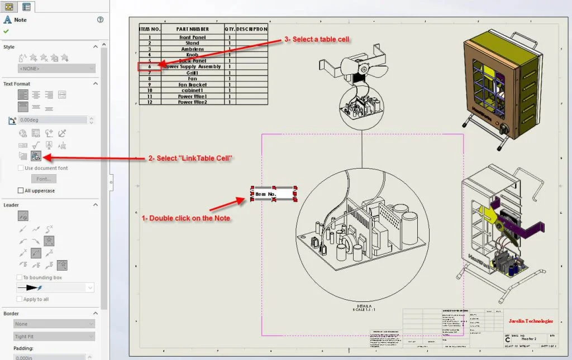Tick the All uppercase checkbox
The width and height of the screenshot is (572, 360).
pyautogui.click(x=21, y=191)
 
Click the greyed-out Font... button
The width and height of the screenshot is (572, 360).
pyautogui.click(x=44, y=179)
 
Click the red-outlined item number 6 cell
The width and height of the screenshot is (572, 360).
pyautogui.click(x=150, y=66)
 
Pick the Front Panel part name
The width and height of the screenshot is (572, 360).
pyautogui.click(x=193, y=37)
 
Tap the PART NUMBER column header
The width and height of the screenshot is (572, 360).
pyautogui.click(x=193, y=29)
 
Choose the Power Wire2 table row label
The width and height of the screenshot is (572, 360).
pyautogui.click(x=193, y=102)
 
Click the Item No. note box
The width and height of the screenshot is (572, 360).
pyautogui.click(x=273, y=194)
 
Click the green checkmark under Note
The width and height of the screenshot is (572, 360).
pyautogui.click(x=6, y=31)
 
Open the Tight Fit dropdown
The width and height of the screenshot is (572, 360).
pyautogui.click(x=54, y=337)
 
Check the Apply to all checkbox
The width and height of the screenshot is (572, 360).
pyautogui.click(x=20, y=299)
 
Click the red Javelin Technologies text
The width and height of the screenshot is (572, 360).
pyautogui.click(x=531, y=321)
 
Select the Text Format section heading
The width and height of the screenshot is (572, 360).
pyautogui.click(x=17, y=84)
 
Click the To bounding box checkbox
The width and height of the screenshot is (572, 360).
pyautogui.click(x=20, y=277)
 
